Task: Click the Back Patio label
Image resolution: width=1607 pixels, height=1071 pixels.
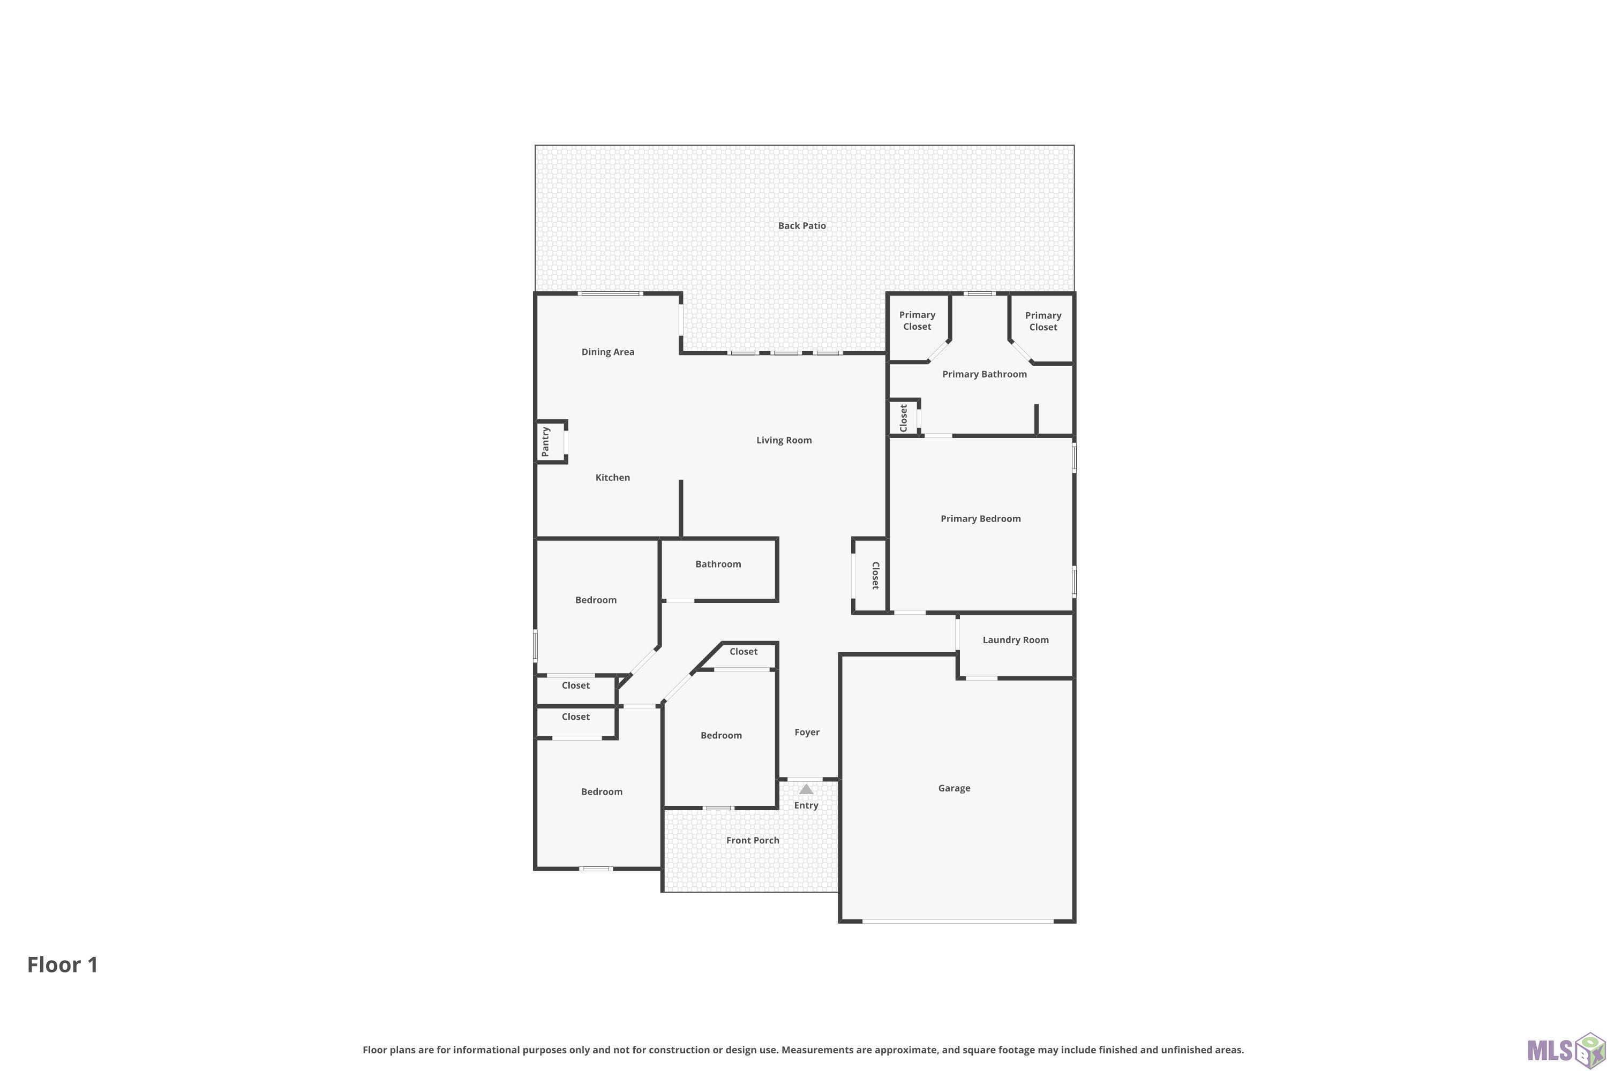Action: point(801,225)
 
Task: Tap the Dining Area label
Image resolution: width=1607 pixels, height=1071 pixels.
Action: point(607,352)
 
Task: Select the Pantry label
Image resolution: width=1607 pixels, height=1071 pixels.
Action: point(545,441)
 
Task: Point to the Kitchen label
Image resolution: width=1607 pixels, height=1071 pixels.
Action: point(612,478)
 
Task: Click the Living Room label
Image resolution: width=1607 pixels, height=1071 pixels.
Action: point(784,440)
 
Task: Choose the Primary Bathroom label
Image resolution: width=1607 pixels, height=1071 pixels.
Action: point(984,374)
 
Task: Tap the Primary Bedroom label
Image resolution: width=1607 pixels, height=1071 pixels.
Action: point(980,518)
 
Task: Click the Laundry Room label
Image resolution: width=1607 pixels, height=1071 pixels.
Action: point(1015,640)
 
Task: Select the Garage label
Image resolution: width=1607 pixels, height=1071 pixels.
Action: point(954,788)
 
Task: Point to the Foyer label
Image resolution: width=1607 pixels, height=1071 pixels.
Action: point(807,732)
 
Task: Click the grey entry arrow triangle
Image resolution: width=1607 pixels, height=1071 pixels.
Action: point(806,789)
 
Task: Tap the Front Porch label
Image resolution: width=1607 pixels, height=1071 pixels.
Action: point(752,840)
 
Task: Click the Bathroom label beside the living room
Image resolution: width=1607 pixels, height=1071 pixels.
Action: point(718,564)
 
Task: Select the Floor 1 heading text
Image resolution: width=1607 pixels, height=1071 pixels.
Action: point(63,964)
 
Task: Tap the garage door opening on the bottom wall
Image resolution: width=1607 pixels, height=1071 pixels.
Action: point(958,922)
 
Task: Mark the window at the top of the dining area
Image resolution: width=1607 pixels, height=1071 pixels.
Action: point(610,293)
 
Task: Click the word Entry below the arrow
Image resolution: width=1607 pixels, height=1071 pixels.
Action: point(806,805)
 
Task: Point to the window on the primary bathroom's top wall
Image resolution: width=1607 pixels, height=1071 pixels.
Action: point(980,293)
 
